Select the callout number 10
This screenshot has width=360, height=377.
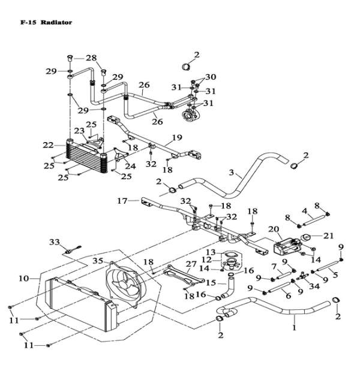click(24, 278)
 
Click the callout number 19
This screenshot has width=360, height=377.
click(176, 138)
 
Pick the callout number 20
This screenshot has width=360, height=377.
click(274, 229)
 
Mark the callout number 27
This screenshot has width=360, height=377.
click(191, 264)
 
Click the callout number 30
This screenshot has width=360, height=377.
click(211, 77)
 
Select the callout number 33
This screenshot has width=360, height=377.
click(55, 242)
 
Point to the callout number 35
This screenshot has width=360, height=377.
click(97, 261)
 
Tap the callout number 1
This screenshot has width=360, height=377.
click(294, 328)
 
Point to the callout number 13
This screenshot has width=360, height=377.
click(211, 252)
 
